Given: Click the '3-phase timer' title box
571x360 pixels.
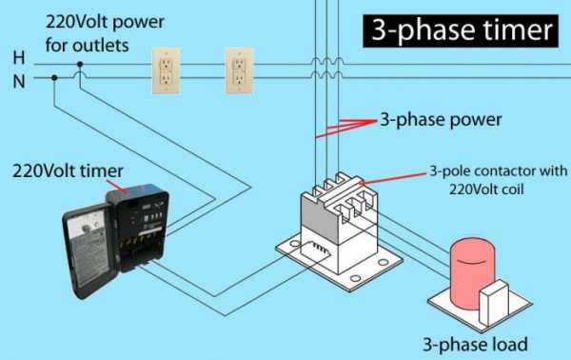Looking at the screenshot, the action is pos(461,31).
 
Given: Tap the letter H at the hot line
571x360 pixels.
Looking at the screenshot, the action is pos(19,58).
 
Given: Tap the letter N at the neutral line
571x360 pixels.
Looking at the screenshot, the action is pos(19,81).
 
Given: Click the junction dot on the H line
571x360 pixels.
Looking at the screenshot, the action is pos(80,64).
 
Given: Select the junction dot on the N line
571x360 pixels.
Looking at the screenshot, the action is pos(54,77).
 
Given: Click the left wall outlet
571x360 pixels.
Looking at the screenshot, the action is pos(166,71).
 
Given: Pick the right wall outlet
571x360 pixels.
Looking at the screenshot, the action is pos(239,71).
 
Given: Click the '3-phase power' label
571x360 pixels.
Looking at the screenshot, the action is pos(441,120).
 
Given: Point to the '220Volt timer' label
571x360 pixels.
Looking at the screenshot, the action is pos(68,170).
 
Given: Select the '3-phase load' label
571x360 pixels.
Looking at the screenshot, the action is pos(475,344).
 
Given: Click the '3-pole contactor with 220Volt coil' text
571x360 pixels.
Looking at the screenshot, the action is pos(498,180).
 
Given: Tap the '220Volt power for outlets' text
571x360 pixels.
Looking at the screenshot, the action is pos(105,33).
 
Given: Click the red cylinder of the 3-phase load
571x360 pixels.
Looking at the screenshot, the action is pos(472,274).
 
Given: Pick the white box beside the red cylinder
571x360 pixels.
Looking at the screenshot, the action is pos(493,302).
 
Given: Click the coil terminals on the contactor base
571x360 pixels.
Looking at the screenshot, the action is pos(319,248).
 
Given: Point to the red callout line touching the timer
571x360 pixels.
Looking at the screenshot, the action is pos(116,185).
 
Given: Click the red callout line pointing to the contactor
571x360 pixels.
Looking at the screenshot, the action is pos(392,178).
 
